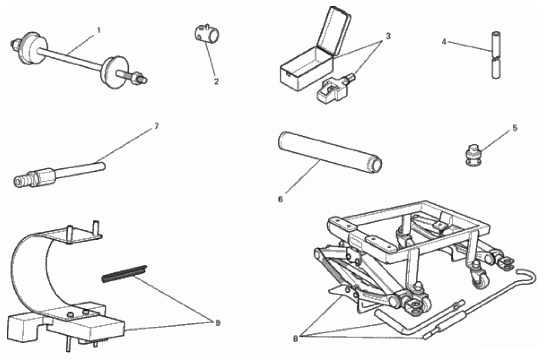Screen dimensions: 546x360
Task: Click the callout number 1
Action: click(99, 30)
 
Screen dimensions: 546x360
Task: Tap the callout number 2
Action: click(216, 82)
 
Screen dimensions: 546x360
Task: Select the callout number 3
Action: click(388, 36)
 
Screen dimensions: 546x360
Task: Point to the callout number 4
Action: click(444, 42)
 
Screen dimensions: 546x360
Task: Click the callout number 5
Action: click(514, 128)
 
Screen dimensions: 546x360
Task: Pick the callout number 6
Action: click(280, 200)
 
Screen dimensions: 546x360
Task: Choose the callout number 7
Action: click(156, 126)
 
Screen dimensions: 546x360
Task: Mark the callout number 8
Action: click(295, 338)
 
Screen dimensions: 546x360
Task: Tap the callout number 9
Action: click(218, 323)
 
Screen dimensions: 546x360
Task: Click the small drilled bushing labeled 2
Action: click(207, 34)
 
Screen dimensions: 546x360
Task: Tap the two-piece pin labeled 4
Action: click(497, 55)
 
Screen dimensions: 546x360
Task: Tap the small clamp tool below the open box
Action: click(334, 89)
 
